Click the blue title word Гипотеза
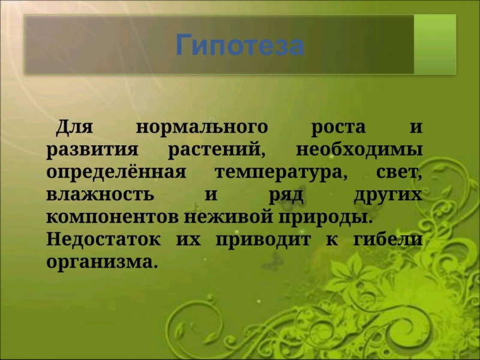(239, 46)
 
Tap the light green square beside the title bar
(435, 44)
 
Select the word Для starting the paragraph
(74, 127)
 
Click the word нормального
(202, 128)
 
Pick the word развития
(92, 151)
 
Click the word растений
(217, 151)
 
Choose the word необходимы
(359, 149)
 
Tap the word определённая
(116, 172)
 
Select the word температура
(281, 173)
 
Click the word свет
(399, 173)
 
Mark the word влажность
(100, 194)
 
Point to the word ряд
(286, 196)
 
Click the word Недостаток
(103, 239)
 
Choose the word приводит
(263, 241)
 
